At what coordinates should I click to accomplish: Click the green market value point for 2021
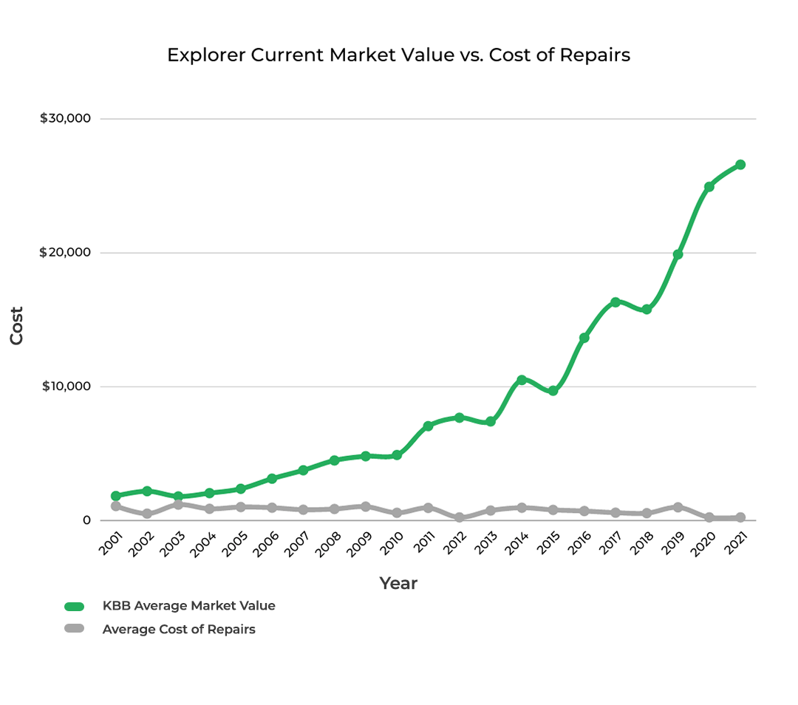740,165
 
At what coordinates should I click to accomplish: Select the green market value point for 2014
522,380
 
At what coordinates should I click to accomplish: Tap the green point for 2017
615,302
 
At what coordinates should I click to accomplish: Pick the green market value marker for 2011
428,426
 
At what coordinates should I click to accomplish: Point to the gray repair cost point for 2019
678,507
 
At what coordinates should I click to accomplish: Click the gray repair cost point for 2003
178,504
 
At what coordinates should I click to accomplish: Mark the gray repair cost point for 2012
459,517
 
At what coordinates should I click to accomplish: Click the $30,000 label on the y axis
65,118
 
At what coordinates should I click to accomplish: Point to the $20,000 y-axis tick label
65,253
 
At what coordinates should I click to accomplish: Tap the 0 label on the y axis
86,520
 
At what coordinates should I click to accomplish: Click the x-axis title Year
398,584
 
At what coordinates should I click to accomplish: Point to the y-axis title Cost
17,325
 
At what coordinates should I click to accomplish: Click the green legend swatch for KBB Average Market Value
75,607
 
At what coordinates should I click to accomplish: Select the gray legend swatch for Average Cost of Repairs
75,629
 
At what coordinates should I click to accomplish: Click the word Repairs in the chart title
600,55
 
